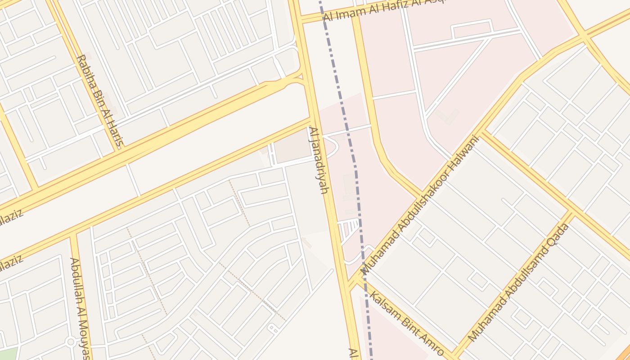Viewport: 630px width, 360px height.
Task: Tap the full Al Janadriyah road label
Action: tap(317, 160)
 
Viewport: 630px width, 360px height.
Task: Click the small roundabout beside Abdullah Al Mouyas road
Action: tap(70, 342)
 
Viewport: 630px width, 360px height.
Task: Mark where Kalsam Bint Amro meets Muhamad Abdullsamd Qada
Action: tap(452, 354)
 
